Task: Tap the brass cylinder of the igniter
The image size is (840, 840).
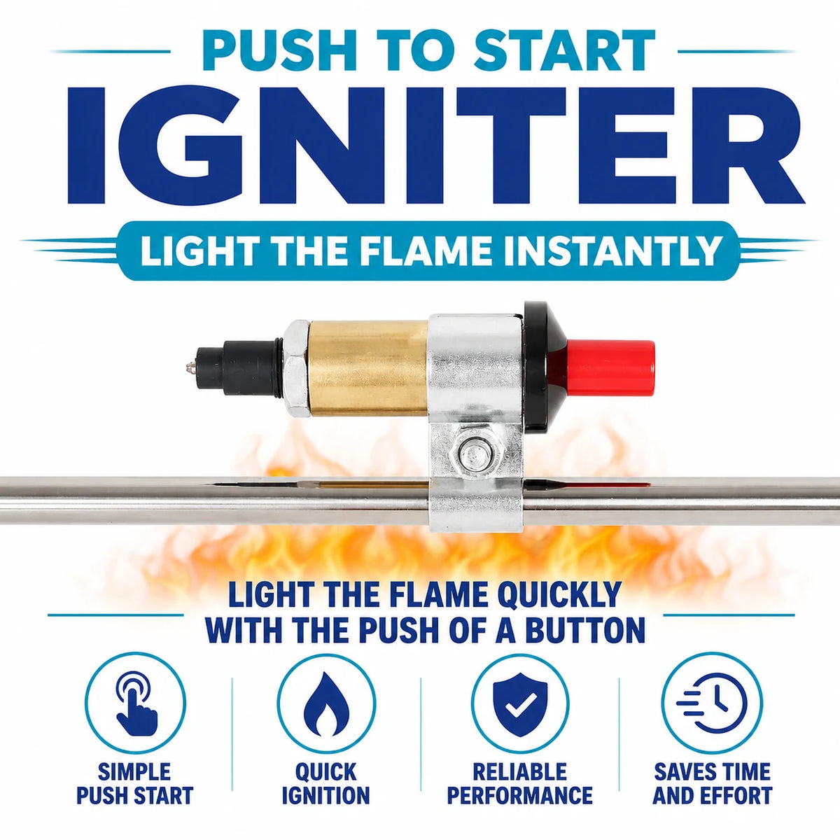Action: [x=368, y=367]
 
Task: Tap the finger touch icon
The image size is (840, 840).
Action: [x=135, y=704]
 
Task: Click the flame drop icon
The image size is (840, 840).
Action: [x=326, y=704]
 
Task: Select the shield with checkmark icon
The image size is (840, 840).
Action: [x=521, y=703]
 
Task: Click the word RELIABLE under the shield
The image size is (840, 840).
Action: [x=521, y=783]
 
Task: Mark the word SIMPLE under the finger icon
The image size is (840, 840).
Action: [x=134, y=783]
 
